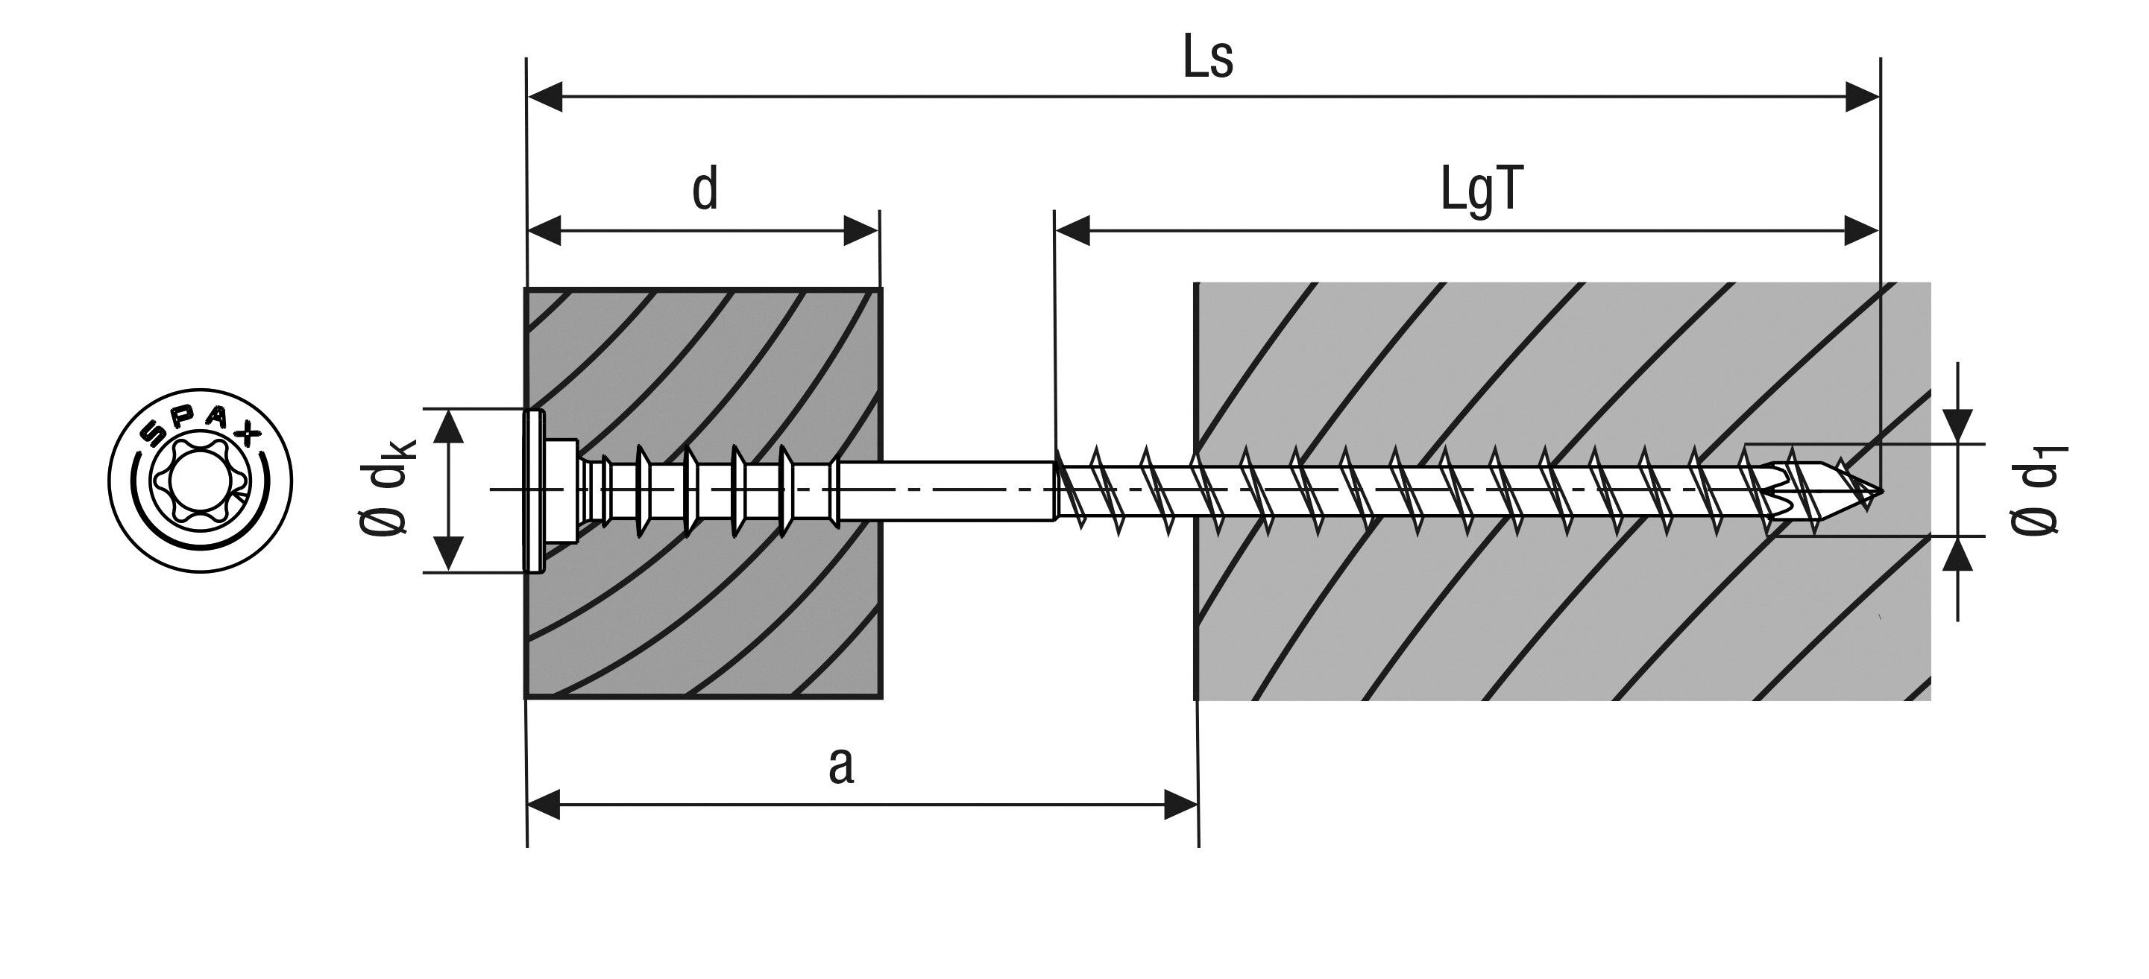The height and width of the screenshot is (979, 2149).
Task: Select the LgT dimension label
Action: (x=1481, y=191)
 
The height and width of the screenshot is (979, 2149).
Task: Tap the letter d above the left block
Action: (x=705, y=189)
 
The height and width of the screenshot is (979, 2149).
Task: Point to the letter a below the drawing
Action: (x=841, y=765)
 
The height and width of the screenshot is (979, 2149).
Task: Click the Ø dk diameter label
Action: (x=386, y=489)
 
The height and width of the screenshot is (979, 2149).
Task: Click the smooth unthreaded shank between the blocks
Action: (x=943, y=491)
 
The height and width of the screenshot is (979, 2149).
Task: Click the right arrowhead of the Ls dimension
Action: (x=1861, y=97)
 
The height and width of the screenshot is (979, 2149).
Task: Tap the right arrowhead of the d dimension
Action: (x=861, y=231)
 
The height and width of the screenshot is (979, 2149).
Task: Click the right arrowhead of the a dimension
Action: (x=1180, y=805)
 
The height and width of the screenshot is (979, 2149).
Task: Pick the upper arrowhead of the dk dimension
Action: (x=450, y=427)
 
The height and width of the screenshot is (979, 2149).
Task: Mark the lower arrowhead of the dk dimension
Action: (x=450, y=554)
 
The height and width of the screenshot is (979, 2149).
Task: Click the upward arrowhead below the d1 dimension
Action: (x=1957, y=554)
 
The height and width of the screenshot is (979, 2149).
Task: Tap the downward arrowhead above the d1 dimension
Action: (x=1957, y=425)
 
